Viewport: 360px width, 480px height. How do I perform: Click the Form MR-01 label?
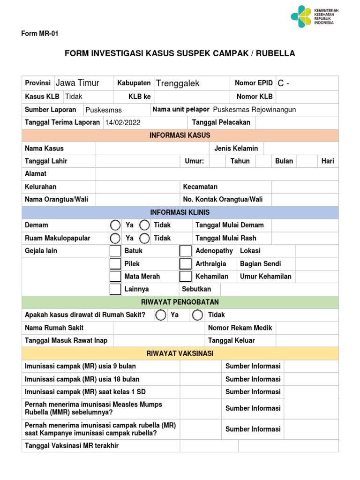tap(40, 34)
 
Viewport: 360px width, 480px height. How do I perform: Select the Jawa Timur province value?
tap(77, 83)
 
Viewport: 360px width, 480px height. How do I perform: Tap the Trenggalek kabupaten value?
tap(178, 83)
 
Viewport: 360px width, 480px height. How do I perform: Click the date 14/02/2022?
tap(123, 122)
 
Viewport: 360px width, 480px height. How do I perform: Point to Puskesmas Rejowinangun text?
tap(254, 110)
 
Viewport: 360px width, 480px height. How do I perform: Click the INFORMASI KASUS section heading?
tap(180, 135)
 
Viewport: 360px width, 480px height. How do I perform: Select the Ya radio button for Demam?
tap(115, 225)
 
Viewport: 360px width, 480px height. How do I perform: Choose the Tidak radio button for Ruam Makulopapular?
tap(145, 238)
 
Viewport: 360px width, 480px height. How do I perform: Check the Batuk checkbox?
tap(115, 251)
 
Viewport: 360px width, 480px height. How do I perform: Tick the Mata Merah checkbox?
tap(115, 276)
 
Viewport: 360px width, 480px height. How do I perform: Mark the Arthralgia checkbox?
tap(186, 263)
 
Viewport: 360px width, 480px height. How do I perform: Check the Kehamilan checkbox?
tap(186, 276)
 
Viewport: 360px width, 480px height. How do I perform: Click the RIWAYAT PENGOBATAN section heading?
tap(180, 302)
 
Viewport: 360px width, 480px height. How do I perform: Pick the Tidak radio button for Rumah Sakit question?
tap(198, 315)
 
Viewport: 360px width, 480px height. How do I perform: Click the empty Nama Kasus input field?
tap(152, 149)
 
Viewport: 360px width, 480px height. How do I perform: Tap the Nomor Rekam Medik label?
tap(240, 328)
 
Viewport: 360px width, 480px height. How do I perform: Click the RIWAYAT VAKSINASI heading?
tap(180, 353)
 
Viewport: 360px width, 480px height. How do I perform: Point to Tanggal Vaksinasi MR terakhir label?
tap(72, 446)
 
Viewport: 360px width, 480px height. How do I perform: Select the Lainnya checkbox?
tap(115, 289)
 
